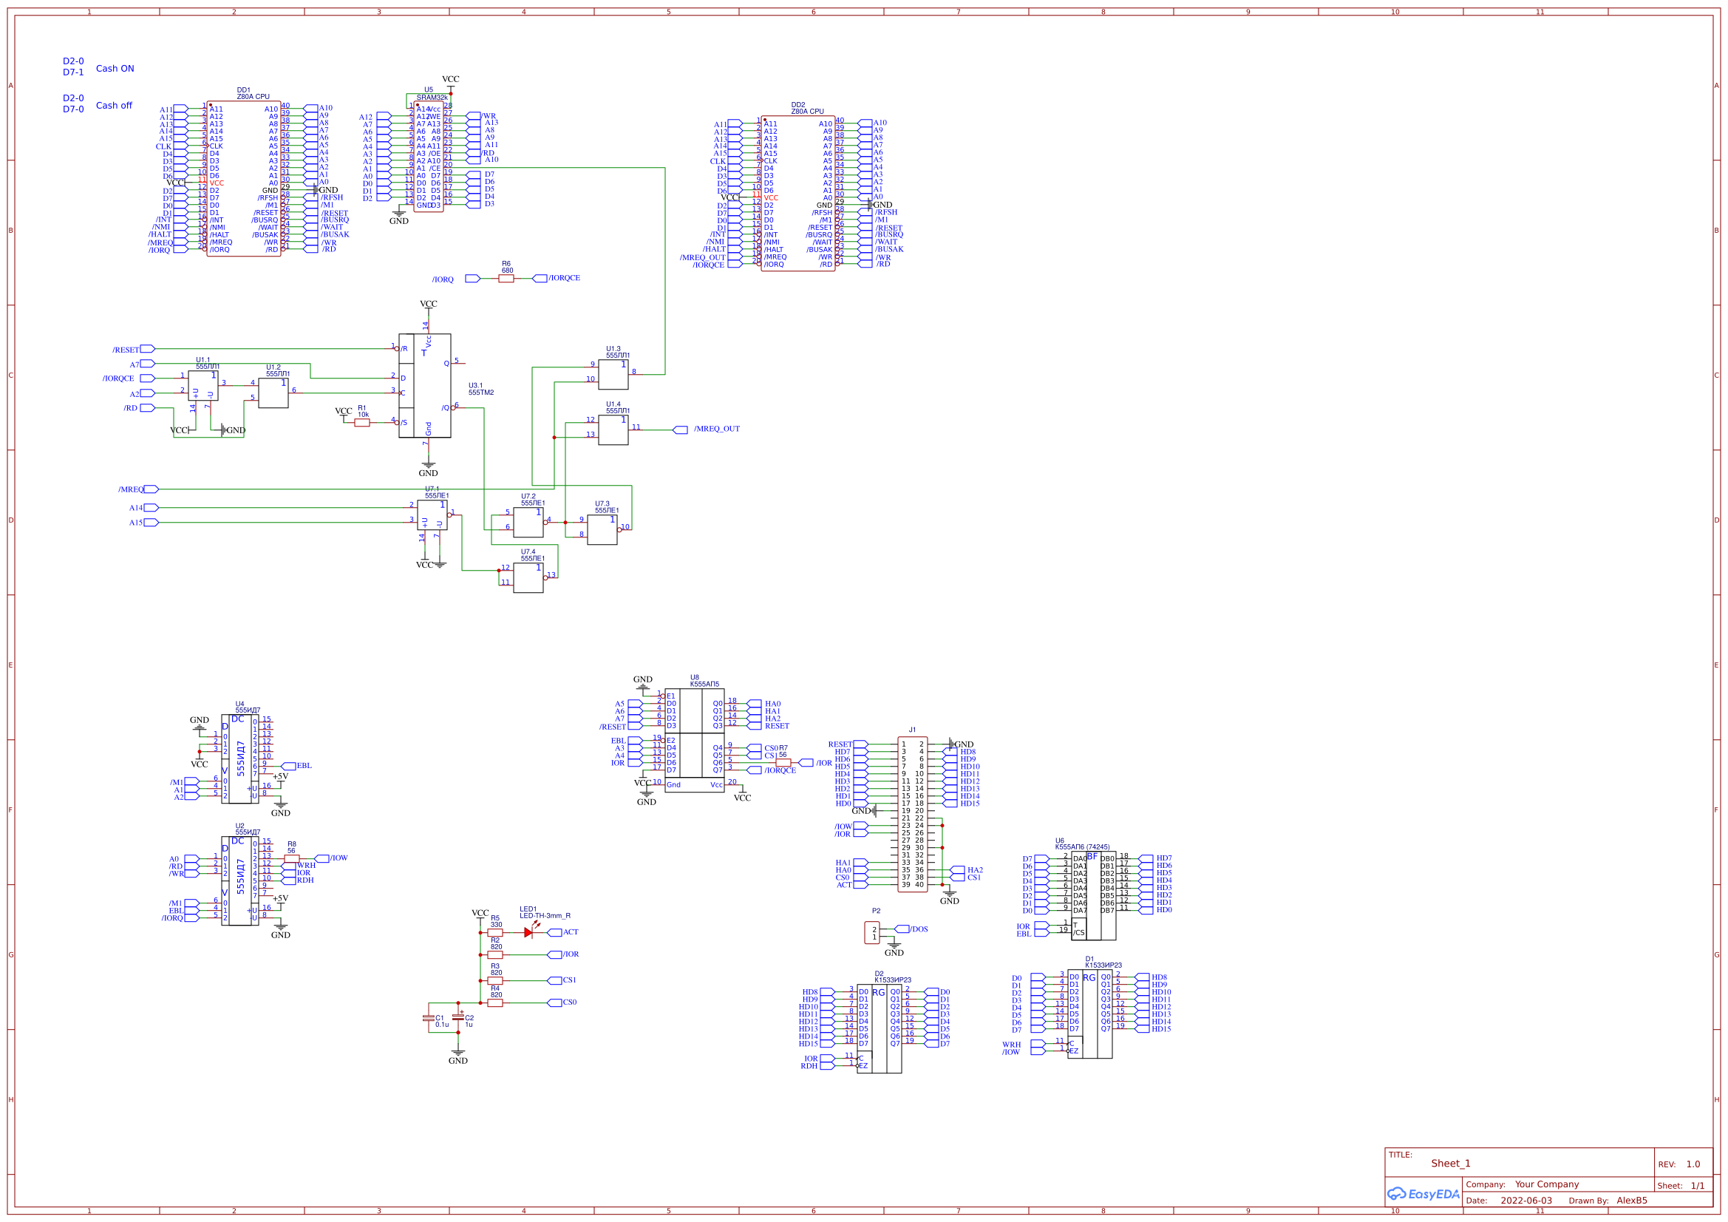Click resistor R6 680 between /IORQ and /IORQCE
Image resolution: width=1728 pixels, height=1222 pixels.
pyautogui.click(x=506, y=279)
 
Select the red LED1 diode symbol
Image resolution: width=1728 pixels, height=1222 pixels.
pyautogui.click(x=528, y=932)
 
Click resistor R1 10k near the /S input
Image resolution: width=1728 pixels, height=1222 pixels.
pyautogui.click(x=362, y=423)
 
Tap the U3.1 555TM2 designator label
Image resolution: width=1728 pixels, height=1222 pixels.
pyautogui.click(x=481, y=390)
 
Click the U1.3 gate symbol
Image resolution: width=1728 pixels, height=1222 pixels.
pyautogui.click(x=613, y=375)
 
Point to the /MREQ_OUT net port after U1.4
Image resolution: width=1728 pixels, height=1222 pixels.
pyautogui.click(x=680, y=430)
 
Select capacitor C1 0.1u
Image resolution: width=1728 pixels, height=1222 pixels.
pyautogui.click(x=428, y=1019)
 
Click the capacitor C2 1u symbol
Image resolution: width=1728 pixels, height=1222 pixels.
pyautogui.click(x=457, y=1019)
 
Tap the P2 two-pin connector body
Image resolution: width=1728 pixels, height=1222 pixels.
pyautogui.click(x=872, y=933)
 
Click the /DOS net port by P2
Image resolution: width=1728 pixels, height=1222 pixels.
pyautogui.click(x=902, y=929)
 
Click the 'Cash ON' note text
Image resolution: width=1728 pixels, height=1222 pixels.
pyautogui.click(x=115, y=69)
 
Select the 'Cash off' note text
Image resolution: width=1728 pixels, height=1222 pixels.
pyautogui.click(x=114, y=106)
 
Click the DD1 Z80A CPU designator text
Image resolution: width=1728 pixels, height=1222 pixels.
pyautogui.click(x=252, y=93)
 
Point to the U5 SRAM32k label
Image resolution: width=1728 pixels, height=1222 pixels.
pyautogui.click(x=431, y=93)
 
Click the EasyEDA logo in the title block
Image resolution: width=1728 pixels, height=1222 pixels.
pyautogui.click(x=1423, y=1194)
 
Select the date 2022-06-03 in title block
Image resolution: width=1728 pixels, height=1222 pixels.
pyautogui.click(x=1525, y=1201)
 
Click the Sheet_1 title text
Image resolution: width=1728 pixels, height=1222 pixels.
pyautogui.click(x=1450, y=1164)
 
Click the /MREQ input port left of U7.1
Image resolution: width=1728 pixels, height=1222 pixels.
pyautogui.click(x=151, y=489)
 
